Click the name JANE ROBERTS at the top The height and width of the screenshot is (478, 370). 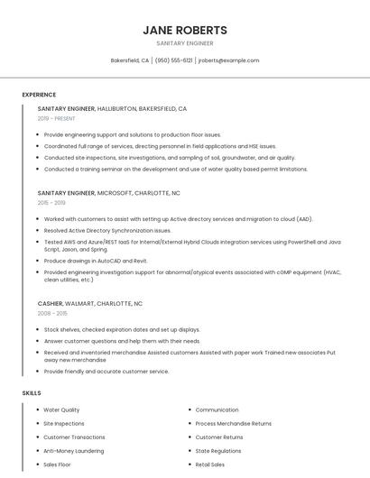click(185, 30)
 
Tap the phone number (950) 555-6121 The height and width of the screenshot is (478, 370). click(173, 60)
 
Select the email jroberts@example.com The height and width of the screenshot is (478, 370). click(228, 60)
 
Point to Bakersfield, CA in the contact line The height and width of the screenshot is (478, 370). click(130, 60)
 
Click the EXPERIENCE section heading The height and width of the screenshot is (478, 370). click(39, 95)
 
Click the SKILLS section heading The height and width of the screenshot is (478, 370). click(31, 393)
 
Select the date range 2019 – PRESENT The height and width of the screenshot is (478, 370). click(57, 118)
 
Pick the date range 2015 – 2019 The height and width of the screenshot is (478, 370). click(51, 203)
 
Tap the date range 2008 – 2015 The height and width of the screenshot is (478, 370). click(52, 314)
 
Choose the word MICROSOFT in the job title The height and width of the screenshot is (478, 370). click(114, 193)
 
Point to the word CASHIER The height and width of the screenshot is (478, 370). click(51, 304)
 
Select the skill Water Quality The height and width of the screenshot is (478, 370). click(61, 410)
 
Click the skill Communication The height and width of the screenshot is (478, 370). click(217, 410)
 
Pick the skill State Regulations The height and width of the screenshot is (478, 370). click(218, 451)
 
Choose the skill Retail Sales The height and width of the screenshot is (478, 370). click(210, 464)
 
